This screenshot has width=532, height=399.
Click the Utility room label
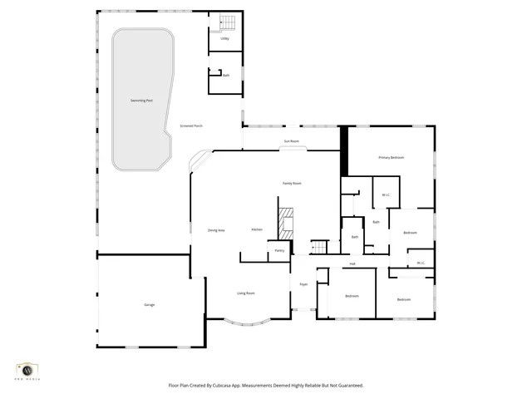click(x=224, y=38)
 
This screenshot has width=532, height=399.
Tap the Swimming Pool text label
click(x=141, y=101)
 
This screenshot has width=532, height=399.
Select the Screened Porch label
click(x=192, y=126)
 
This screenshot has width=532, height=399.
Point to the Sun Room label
click(x=291, y=141)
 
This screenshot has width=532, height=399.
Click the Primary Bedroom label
click(x=391, y=157)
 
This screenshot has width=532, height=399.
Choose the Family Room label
click(x=292, y=183)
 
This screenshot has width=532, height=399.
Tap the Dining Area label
click(x=216, y=229)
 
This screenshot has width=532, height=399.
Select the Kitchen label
click(x=258, y=229)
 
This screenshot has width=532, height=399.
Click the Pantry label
click(x=279, y=250)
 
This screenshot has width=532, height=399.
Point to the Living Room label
click(x=246, y=293)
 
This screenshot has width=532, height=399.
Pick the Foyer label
click(x=304, y=284)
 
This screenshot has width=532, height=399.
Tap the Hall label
click(x=352, y=264)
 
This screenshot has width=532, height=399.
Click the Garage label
click(x=150, y=304)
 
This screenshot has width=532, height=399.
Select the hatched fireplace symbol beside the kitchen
click(x=286, y=223)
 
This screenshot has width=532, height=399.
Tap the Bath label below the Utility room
click(x=225, y=75)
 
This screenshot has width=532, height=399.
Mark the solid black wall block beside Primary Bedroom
click(x=343, y=151)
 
